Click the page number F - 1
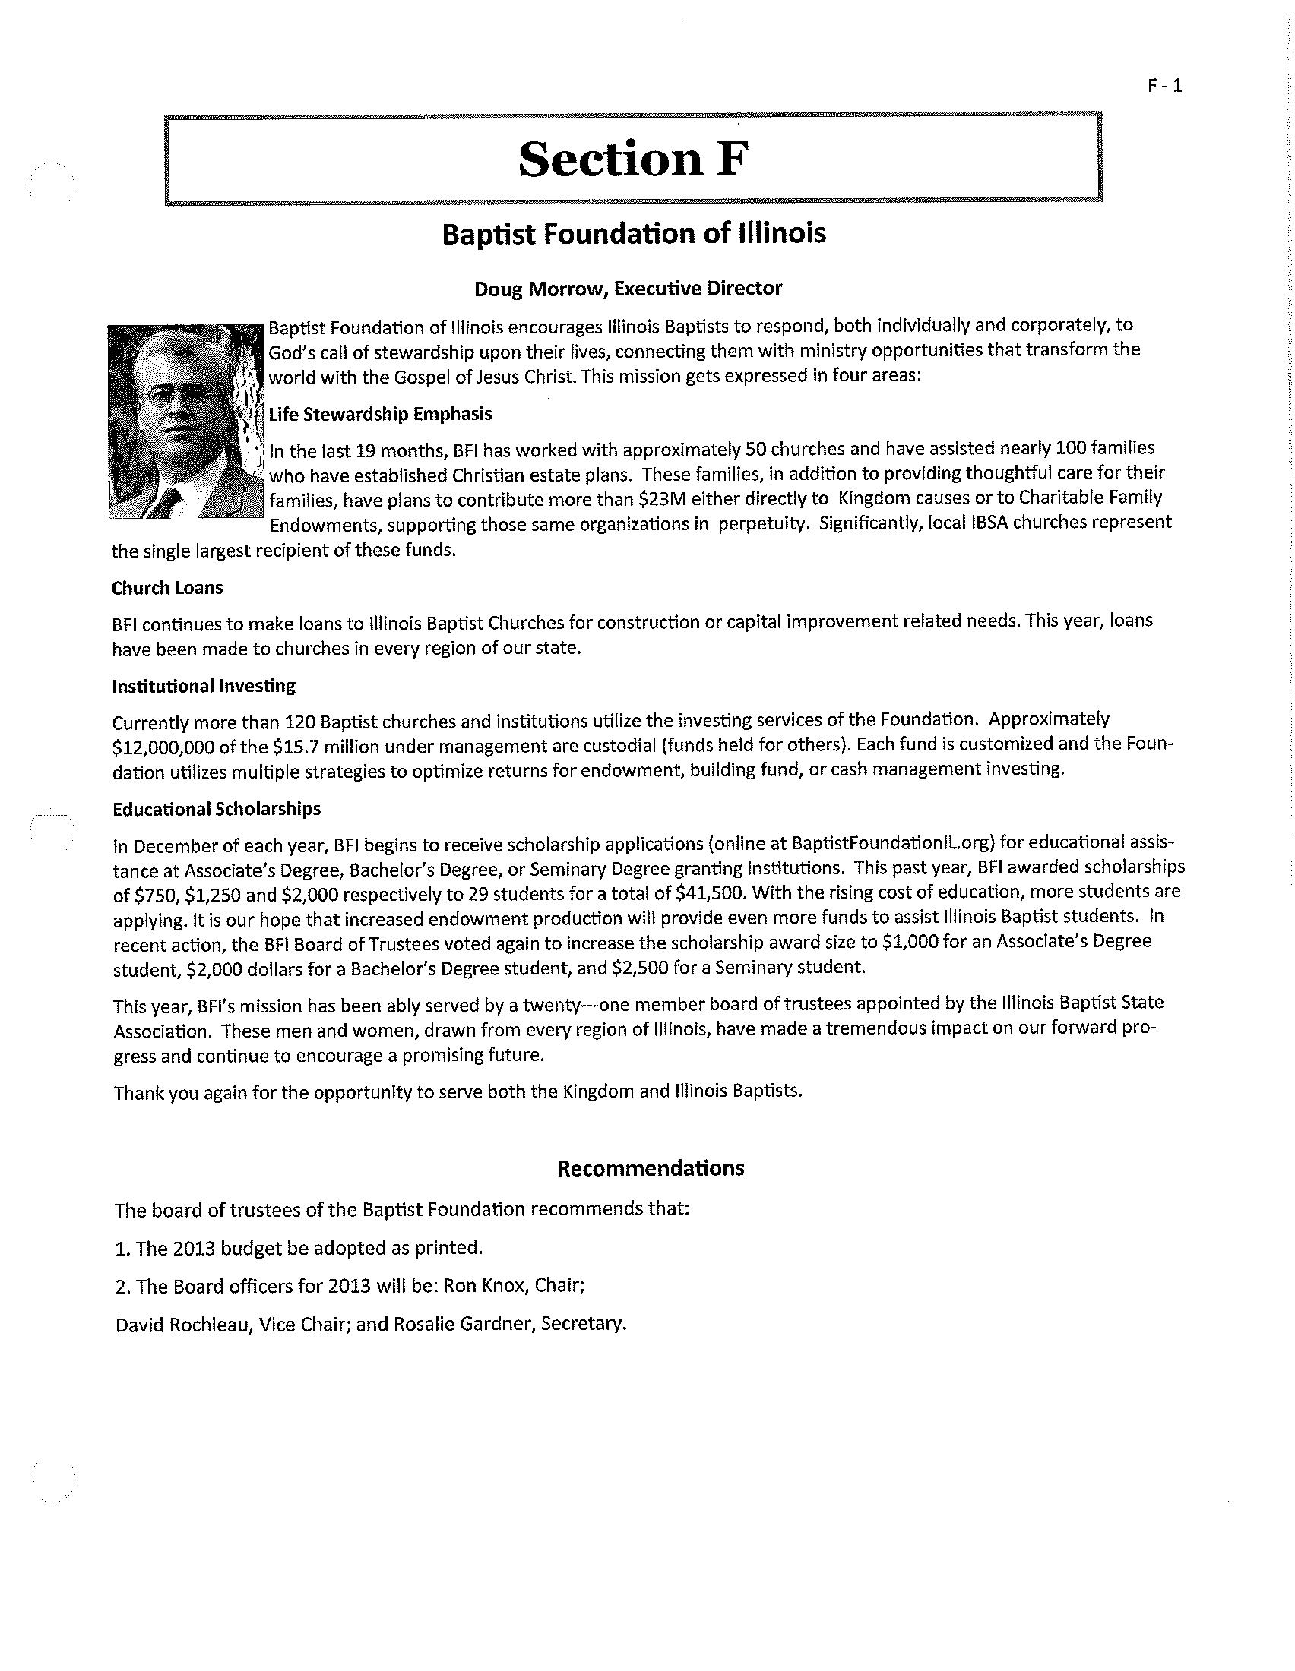[x=1164, y=86]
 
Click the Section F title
[x=632, y=160]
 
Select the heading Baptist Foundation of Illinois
[x=634, y=233]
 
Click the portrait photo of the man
[x=186, y=422]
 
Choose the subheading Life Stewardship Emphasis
[x=380, y=414]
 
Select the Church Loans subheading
[x=168, y=588]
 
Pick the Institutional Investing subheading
[x=204, y=686]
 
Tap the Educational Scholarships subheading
[x=217, y=809]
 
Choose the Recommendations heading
[x=650, y=1168]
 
